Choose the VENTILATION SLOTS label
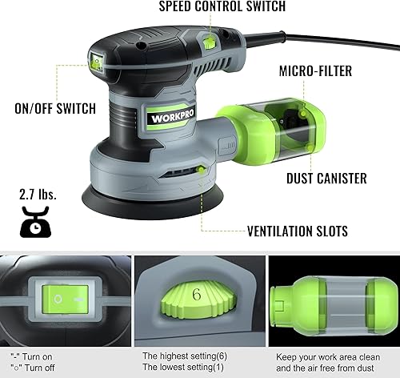[x=298, y=231]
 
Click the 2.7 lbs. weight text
[x=37, y=195]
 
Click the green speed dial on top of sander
[x=209, y=42]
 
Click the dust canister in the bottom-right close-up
[x=333, y=302]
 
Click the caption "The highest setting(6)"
[x=183, y=355]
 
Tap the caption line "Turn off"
[x=34, y=368]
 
